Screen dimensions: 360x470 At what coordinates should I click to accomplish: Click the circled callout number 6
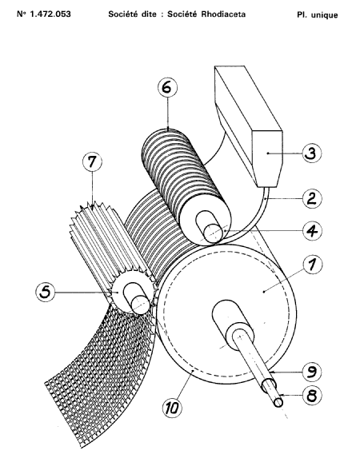[x=168, y=87]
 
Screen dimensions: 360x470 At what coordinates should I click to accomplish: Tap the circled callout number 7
[x=92, y=161]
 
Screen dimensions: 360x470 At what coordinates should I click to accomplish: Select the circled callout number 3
[x=312, y=153]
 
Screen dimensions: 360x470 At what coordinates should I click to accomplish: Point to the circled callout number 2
[x=312, y=199]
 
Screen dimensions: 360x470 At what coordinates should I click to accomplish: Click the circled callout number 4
[x=312, y=230]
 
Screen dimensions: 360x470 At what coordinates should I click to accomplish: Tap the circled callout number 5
[x=46, y=292]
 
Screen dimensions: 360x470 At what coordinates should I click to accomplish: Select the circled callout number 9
[x=312, y=372]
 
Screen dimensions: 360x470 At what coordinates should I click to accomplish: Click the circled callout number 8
[x=312, y=395]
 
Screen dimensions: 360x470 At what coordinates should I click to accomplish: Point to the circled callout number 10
[x=172, y=408]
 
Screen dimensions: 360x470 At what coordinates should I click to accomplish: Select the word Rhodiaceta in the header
[x=223, y=14]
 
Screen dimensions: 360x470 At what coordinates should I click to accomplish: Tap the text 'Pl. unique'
[x=318, y=15]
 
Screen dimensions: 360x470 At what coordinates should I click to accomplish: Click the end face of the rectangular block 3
[x=267, y=158]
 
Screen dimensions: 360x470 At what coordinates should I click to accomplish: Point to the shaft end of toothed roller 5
[x=141, y=305]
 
